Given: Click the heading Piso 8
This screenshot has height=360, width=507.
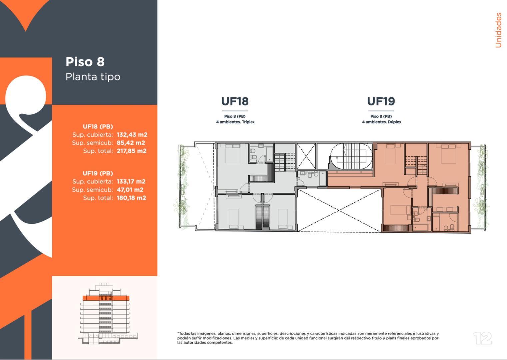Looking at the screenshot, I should pos(85,62).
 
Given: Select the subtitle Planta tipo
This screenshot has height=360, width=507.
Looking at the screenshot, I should pos(93,77).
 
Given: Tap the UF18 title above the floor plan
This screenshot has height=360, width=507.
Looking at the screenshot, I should pos(235,101).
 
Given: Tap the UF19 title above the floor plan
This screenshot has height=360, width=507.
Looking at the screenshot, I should pos(381,101).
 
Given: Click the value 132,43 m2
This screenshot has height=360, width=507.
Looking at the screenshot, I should pos(132,135).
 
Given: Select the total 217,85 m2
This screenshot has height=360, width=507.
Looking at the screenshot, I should pos(131,151).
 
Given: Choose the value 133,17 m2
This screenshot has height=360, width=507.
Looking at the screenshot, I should pos(131,182).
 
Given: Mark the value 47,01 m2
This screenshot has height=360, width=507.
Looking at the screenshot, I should pos(130,190).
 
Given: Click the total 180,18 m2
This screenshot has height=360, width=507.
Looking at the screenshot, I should pos(131,198).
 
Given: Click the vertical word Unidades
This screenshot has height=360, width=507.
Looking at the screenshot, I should pos(498,30).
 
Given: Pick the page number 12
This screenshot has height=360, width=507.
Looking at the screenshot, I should pos(482,338).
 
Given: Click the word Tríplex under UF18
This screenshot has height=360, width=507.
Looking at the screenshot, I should pos(248,122).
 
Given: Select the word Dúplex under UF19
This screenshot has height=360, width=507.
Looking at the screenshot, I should pos(395,122).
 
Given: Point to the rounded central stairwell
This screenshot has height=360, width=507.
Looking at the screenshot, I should pos(351,157).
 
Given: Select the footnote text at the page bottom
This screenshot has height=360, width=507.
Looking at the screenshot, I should pos(308,338).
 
